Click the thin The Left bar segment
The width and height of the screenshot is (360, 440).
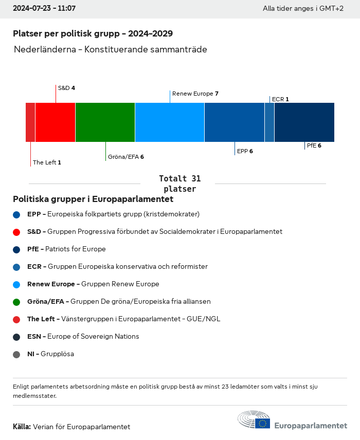[30, 122]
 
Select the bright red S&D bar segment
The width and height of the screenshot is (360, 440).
[55, 122]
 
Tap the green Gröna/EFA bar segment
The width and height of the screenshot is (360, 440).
[105, 122]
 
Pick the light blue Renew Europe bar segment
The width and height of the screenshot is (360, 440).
[170, 122]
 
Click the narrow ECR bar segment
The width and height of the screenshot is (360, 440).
[269, 122]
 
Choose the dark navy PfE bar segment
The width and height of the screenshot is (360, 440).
[304, 122]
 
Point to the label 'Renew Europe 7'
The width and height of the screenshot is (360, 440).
[195, 94]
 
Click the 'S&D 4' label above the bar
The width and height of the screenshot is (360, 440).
[66, 88]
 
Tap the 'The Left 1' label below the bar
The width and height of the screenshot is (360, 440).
[47, 162]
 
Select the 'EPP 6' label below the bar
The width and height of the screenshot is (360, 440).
[245, 151]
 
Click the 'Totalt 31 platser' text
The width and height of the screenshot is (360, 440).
[179, 184]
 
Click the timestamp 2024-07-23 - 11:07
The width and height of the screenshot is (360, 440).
[44, 9]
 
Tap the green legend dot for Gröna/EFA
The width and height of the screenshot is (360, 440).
[16, 302]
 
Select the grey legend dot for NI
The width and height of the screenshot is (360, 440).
[16, 354]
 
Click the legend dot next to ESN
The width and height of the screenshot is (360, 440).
[16, 337]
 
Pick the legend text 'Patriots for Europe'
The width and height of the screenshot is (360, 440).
[76, 249]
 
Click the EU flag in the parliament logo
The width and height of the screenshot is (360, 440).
[263, 423]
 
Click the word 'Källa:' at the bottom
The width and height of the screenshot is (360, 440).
[22, 427]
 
